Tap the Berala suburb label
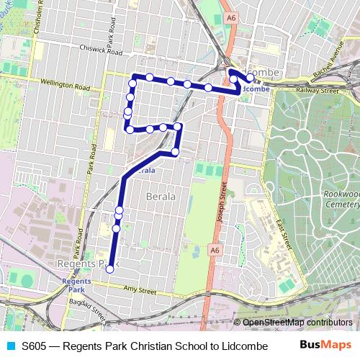click(160, 196)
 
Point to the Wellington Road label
click(65, 84)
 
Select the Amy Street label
click(140, 291)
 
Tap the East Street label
click(278, 216)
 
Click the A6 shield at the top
click(230, 17)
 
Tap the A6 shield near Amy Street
click(214, 249)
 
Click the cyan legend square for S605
click(10, 346)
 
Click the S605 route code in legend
click(35, 346)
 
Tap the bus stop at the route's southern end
click(109, 269)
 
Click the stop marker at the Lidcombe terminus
click(250, 78)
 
